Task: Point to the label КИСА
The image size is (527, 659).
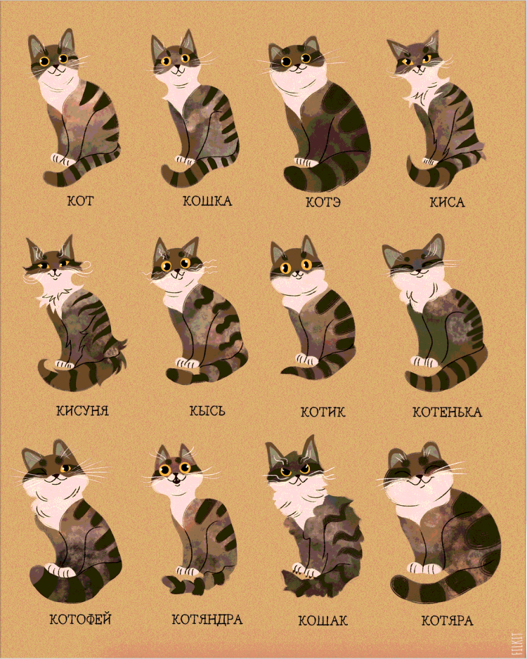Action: click(448, 202)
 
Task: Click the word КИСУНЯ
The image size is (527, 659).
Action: click(82, 410)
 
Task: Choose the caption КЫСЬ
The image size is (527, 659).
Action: click(207, 410)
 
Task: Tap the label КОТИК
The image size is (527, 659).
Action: click(323, 412)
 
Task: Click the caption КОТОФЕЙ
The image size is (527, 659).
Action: click(81, 620)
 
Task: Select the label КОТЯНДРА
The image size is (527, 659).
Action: click(207, 620)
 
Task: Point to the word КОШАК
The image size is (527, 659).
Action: click(323, 621)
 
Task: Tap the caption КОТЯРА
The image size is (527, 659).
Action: click(447, 621)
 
